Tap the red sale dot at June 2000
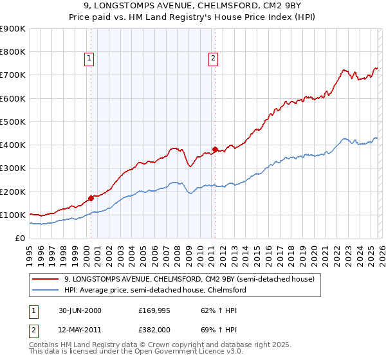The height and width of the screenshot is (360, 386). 91,199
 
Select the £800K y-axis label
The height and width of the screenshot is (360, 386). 13,52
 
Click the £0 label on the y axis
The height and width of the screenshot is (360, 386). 19,238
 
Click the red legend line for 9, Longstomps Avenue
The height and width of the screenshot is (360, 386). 46,280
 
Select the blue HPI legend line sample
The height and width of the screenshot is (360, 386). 46,291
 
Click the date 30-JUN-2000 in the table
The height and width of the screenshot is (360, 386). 79,310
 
